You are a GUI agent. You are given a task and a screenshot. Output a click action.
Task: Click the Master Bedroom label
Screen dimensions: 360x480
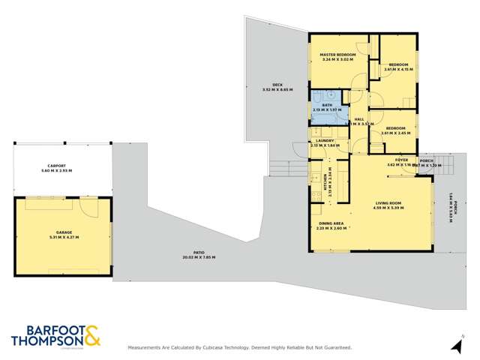point(337,55)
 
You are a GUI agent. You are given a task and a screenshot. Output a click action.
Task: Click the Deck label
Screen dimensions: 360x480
point(277,85)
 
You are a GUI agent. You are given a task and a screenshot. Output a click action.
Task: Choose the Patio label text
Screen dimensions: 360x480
point(198,253)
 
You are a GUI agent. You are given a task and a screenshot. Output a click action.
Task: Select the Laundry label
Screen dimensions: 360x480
point(325,140)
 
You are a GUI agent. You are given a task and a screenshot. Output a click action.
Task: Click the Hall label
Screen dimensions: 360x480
point(359,119)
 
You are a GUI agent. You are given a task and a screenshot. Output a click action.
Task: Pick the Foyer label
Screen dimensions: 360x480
point(402,160)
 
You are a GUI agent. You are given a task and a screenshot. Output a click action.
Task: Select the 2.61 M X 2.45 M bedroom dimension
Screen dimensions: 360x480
point(396,133)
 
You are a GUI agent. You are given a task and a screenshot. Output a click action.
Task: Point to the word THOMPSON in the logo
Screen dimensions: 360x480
point(45,341)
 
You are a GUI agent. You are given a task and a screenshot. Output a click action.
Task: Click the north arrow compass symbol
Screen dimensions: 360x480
point(454,345)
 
